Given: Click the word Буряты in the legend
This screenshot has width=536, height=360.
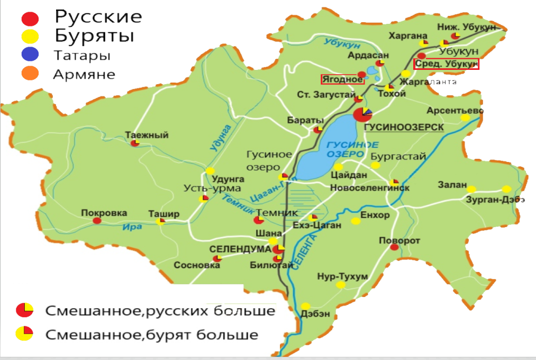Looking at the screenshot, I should [x=95, y=36].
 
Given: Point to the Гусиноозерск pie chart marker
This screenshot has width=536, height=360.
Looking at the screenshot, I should [x=362, y=114].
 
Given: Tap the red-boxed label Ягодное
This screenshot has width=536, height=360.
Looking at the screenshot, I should [x=342, y=80].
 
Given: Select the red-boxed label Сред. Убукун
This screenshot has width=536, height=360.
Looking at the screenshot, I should [x=446, y=64].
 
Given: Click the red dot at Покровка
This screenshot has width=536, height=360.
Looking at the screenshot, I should [x=97, y=221].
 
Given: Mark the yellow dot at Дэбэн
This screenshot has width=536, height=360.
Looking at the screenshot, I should [x=305, y=306].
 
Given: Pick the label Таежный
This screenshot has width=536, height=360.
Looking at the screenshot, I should [x=147, y=135].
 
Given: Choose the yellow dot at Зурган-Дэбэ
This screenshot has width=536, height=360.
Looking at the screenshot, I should [x=506, y=189].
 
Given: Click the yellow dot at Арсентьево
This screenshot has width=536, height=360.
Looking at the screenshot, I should [x=465, y=118].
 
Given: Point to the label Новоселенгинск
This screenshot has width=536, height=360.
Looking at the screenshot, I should [x=362, y=188].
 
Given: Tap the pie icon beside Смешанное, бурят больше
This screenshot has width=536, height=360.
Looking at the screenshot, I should [x=24, y=333].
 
